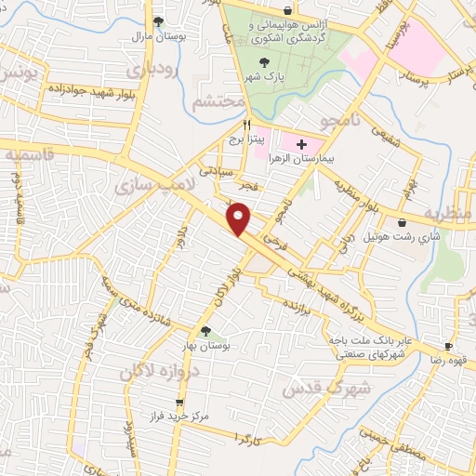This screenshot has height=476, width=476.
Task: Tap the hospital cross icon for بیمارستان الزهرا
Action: (300, 144)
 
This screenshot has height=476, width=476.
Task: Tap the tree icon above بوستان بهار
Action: (206, 330)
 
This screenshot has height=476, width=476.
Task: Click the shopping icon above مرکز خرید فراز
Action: (179, 403)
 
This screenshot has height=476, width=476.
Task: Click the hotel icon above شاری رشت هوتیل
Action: (401, 222)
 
